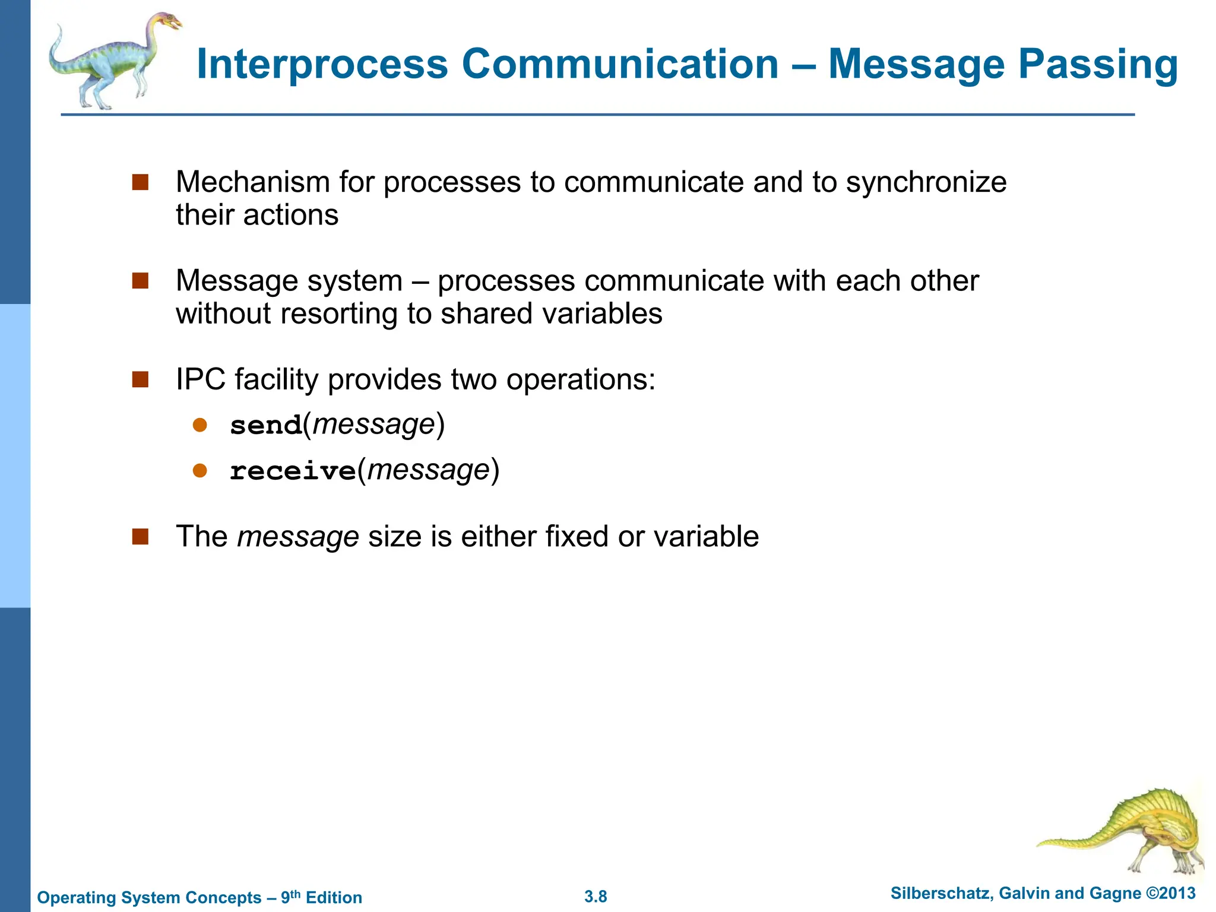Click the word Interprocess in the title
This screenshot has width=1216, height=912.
click(322, 64)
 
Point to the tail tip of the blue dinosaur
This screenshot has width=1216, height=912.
click(58, 28)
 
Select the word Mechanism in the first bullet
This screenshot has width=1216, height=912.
click(252, 182)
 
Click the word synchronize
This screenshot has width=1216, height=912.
click(926, 182)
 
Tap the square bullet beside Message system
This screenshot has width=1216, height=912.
click(140, 280)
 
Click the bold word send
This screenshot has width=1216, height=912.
click(266, 426)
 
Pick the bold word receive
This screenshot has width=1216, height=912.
click(293, 471)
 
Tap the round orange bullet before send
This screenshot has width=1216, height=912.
click(200, 425)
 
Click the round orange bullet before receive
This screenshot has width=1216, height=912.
click(200, 471)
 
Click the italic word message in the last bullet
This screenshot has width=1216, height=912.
click(298, 537)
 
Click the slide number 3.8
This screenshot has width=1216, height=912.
click(596, 897)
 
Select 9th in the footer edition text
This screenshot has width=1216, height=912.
click(290, 897)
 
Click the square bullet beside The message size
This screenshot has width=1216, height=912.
click(140, 536)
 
